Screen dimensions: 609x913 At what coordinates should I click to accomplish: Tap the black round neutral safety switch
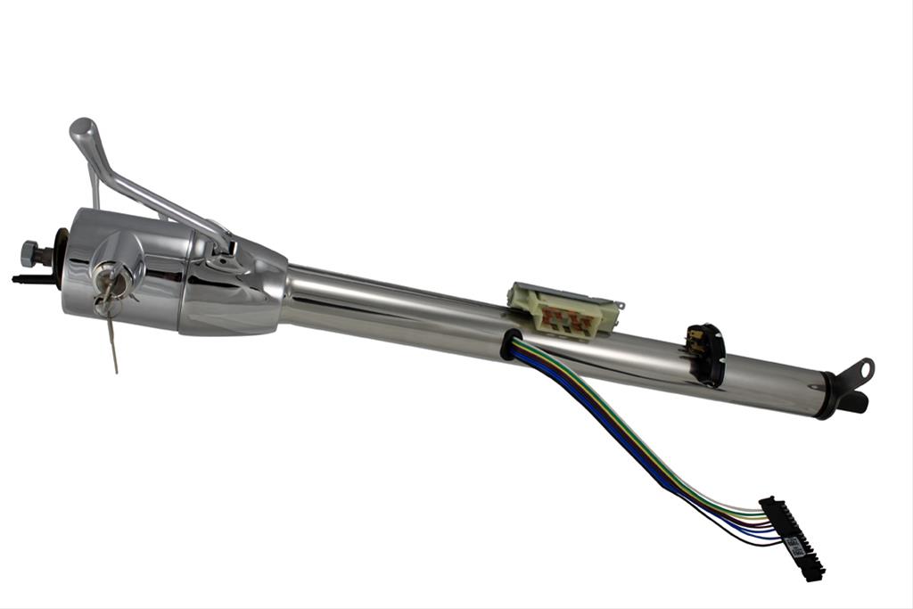[705, 355]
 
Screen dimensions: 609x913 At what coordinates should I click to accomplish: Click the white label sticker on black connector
[794, 546]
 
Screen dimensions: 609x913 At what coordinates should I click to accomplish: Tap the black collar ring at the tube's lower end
[827, 396]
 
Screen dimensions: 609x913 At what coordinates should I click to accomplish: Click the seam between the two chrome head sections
[183, 281]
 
